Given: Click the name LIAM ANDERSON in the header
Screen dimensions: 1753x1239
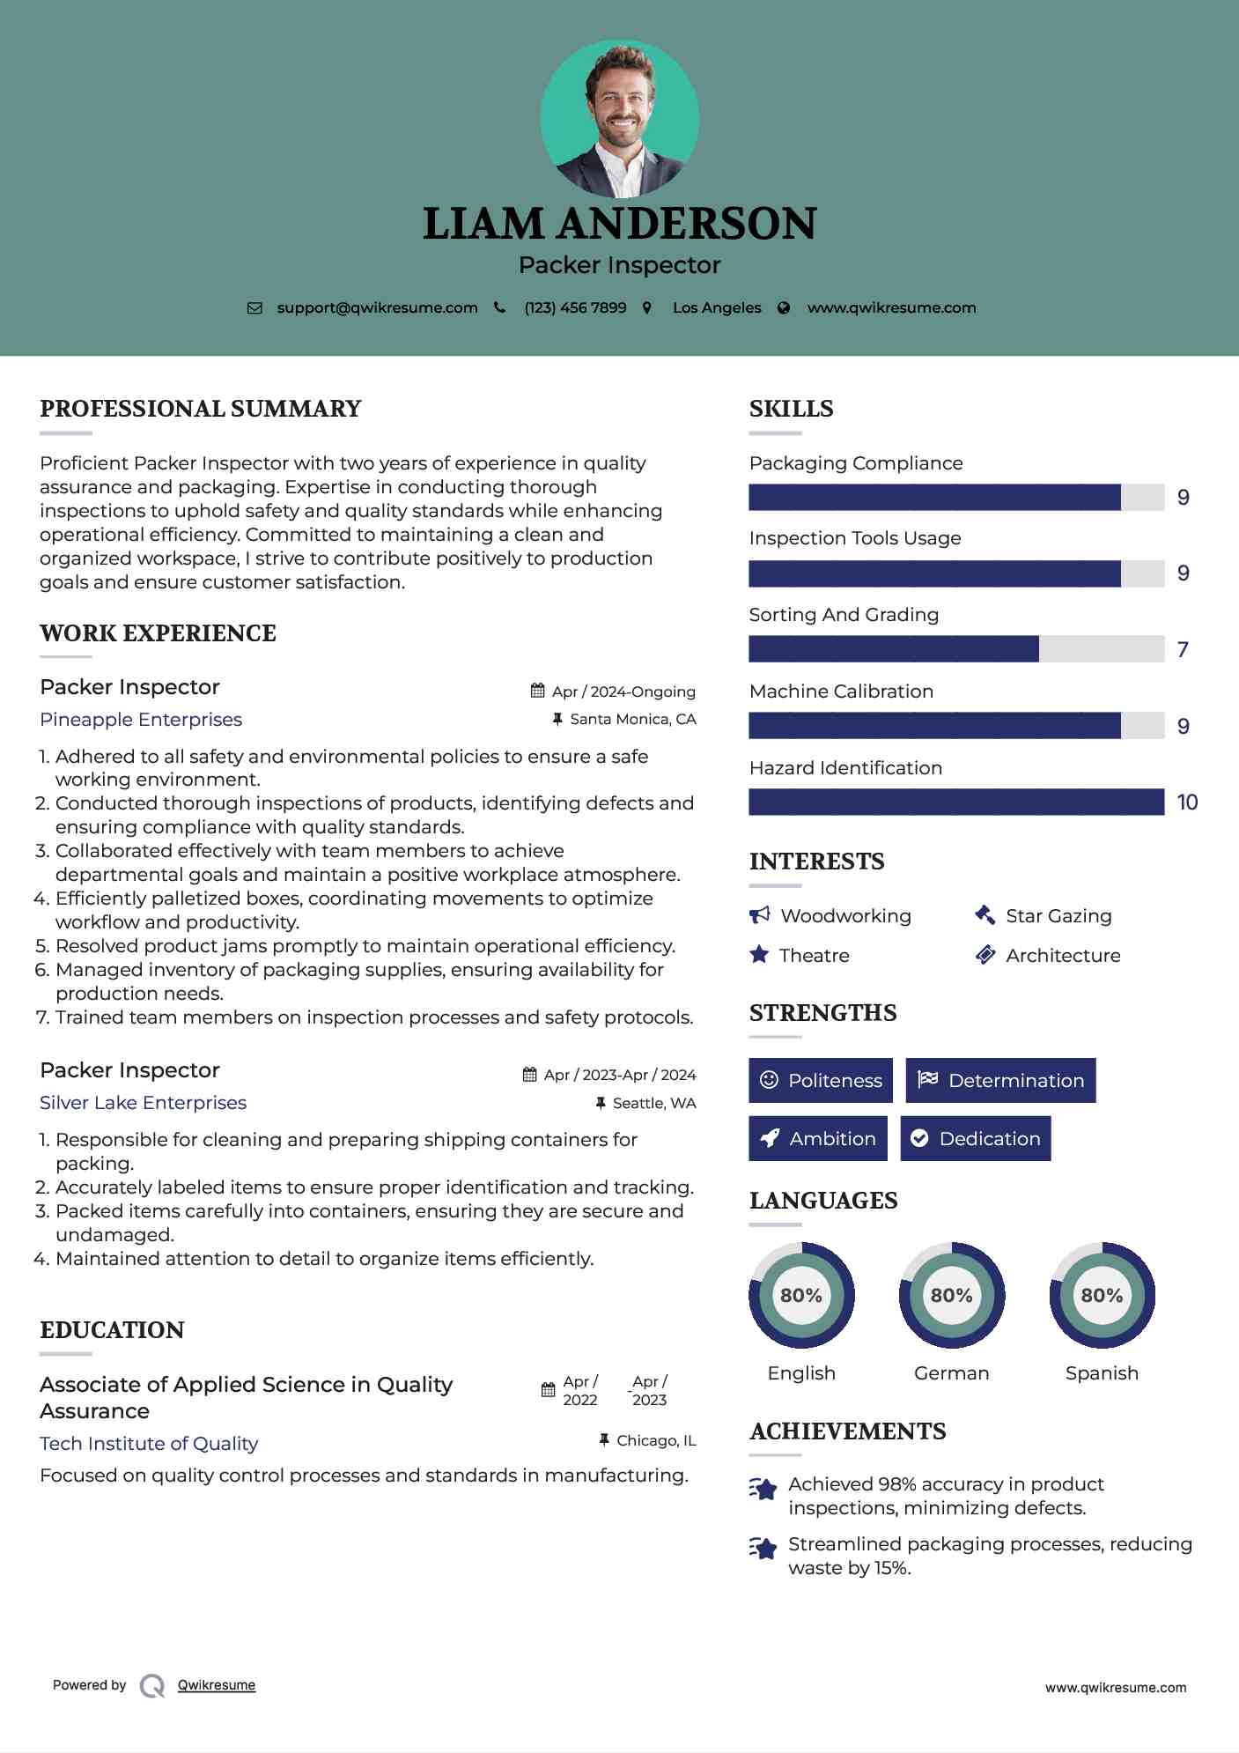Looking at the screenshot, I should pos(619,224).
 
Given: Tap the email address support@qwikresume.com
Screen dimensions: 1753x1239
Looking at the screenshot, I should pos(377,307).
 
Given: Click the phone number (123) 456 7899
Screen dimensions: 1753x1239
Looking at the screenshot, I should pos(575,307).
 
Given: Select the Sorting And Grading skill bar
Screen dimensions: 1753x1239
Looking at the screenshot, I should pos(955,649).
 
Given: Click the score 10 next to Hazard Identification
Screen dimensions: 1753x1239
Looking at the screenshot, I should pos(1186,803).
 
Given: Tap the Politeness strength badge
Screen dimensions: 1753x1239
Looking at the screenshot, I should pos(820,1080).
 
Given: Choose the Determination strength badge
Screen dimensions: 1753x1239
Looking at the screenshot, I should pos(1000,1080).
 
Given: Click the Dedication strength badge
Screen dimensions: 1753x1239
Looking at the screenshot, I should pos(975,1138).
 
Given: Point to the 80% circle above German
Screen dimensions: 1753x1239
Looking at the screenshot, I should pos(951,1295).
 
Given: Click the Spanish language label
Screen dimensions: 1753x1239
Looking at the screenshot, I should pos(1102,1372).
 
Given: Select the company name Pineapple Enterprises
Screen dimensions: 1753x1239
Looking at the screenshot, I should pos(141,720).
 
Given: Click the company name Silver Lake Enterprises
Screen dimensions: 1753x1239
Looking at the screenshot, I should pos(143,1103).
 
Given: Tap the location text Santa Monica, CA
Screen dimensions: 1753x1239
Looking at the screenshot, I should pos(632,720).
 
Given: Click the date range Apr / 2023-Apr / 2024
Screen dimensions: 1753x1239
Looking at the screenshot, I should pos(619,1075).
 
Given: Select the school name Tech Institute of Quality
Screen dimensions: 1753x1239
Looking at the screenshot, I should pos(149,1444).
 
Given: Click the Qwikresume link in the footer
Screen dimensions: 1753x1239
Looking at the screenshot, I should pos(217,1685).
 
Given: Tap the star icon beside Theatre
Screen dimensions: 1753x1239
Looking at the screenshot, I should pos(759,955).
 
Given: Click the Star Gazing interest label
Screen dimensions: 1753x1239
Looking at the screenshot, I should pos(1058,916).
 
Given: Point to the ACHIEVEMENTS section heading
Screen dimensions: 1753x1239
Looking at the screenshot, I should pos(847,1431).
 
